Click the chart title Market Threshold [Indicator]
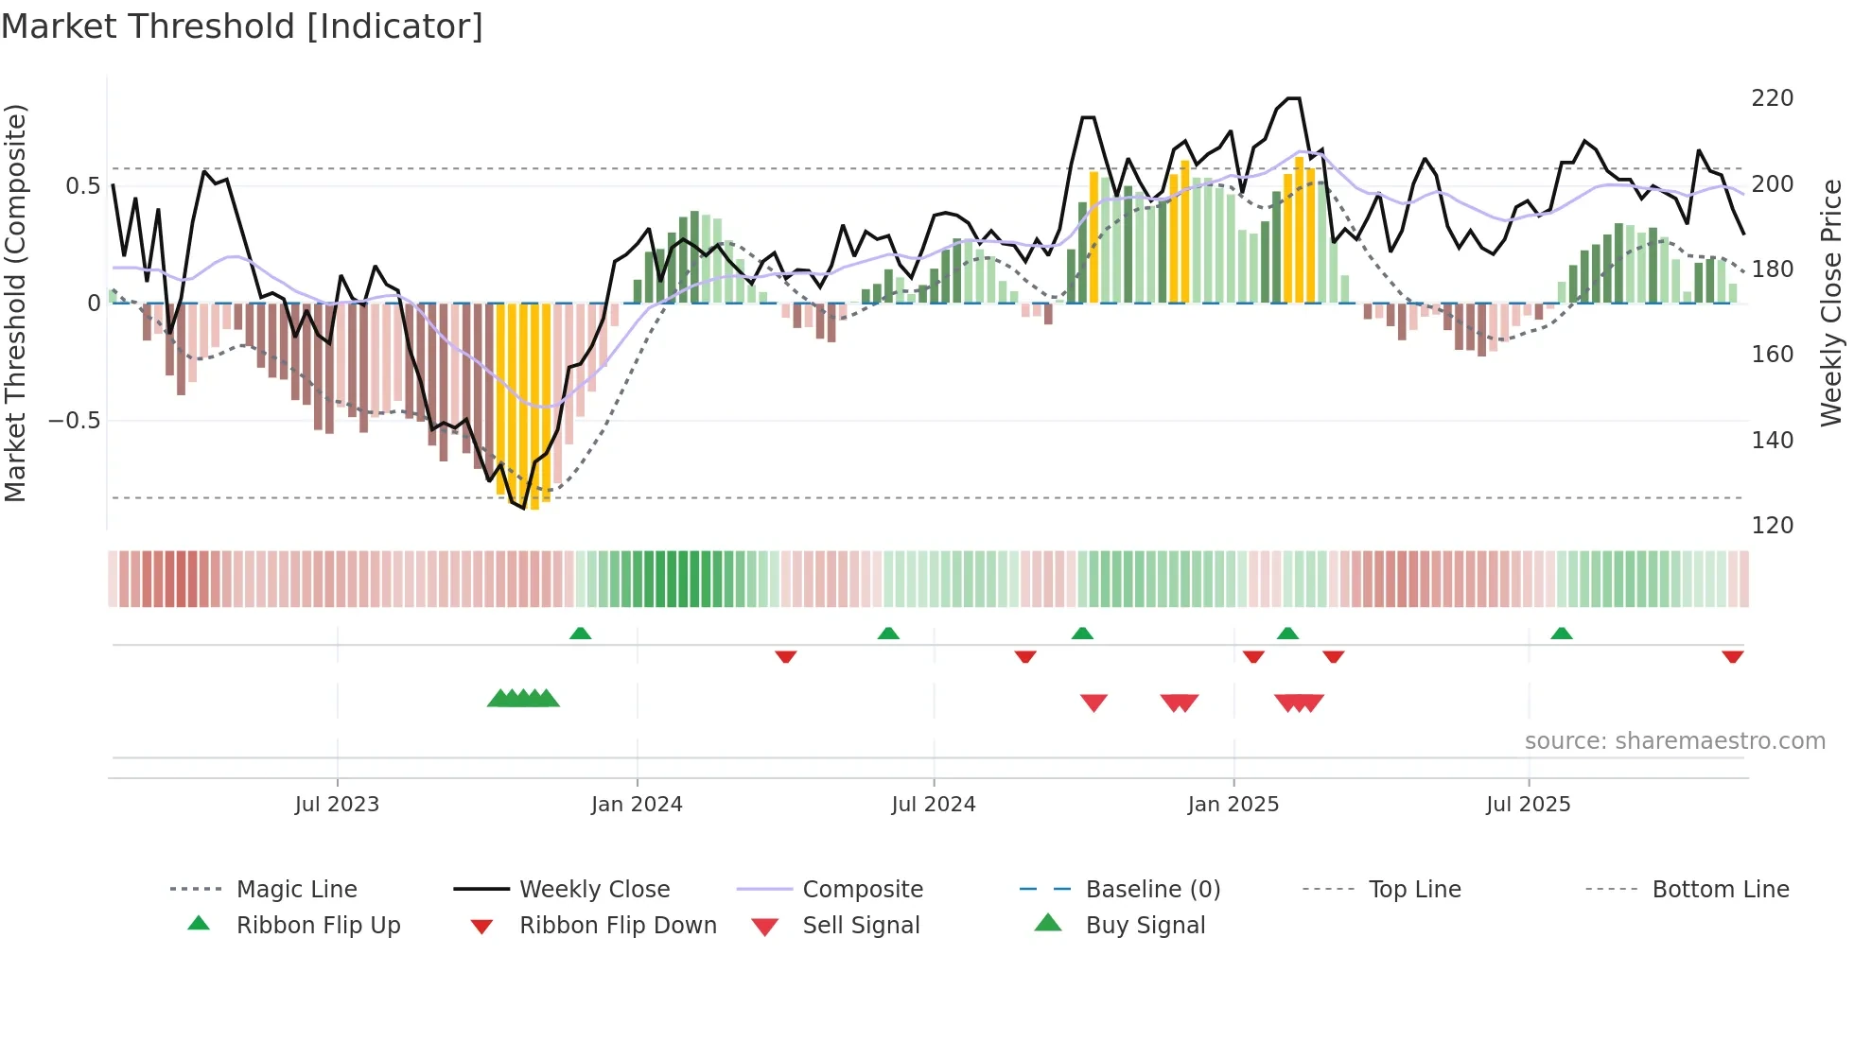242,26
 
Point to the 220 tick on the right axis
1772,98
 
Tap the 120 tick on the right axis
1772,525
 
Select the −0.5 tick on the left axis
75,420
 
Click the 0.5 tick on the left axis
82,185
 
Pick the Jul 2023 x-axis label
337,804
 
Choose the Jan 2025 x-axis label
1233,804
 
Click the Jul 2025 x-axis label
1528,804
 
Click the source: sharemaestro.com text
1674,740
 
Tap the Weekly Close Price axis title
1831,303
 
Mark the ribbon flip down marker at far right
1732,656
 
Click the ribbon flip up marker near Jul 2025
1561,634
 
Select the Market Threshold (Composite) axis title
15,303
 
